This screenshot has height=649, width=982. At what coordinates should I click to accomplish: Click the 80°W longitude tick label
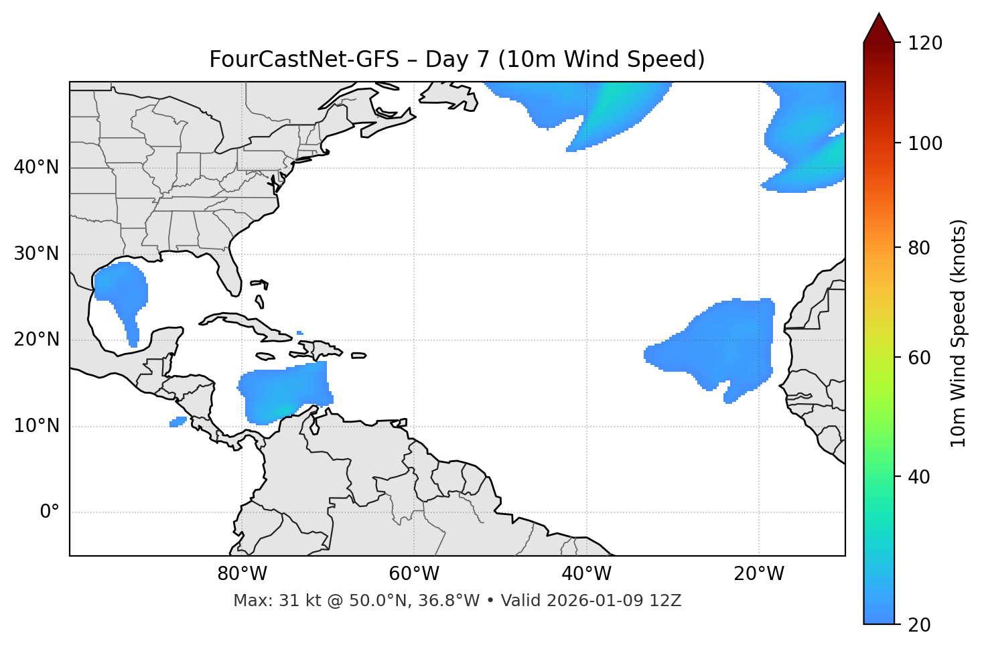point(242,574)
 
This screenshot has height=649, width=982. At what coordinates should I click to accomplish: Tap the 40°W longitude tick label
point(586,574)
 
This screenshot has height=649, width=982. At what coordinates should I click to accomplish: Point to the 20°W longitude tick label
point(758,574)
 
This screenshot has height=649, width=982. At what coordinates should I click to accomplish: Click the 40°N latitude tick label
point(36,167)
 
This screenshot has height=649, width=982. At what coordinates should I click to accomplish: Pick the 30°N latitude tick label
point(36,254)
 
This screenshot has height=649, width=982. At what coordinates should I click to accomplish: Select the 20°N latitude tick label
point(36,340)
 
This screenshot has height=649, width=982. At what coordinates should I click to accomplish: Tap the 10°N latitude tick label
point(36,426)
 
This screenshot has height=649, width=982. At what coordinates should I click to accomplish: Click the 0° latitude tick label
point(50,512)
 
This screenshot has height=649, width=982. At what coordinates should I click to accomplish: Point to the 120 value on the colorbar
point(924,44)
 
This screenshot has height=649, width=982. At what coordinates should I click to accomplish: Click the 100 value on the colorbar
point(924,143)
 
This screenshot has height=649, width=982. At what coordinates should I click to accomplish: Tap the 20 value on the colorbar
point(920,624)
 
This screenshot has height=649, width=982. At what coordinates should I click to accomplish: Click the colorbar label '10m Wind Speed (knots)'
point(959,333)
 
